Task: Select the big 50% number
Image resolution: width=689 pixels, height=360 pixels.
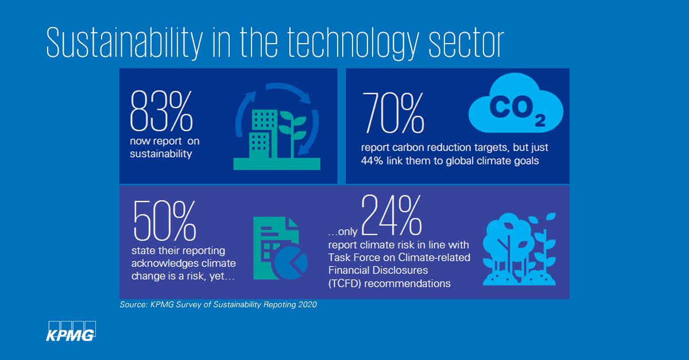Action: [165, 220]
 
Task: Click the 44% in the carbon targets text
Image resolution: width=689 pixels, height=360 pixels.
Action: [371, 161]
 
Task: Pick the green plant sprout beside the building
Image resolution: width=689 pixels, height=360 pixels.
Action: [297, 133]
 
